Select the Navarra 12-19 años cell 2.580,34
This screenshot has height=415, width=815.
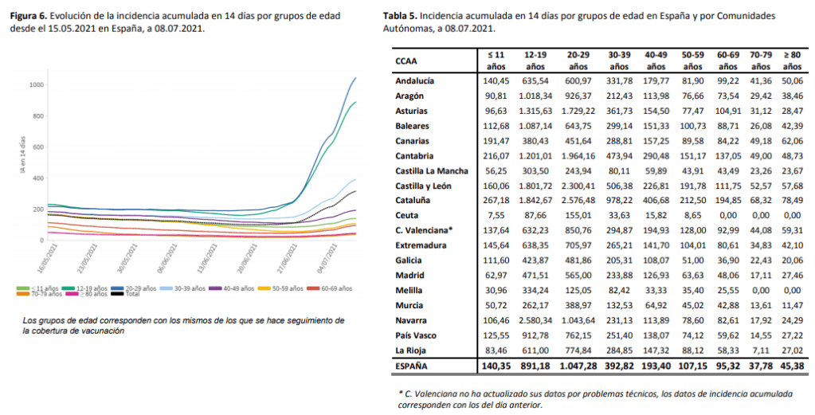tap(535, 319)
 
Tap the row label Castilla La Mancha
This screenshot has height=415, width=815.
tap(431, 170)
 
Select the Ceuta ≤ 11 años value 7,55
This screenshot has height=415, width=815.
tap(498, 214)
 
